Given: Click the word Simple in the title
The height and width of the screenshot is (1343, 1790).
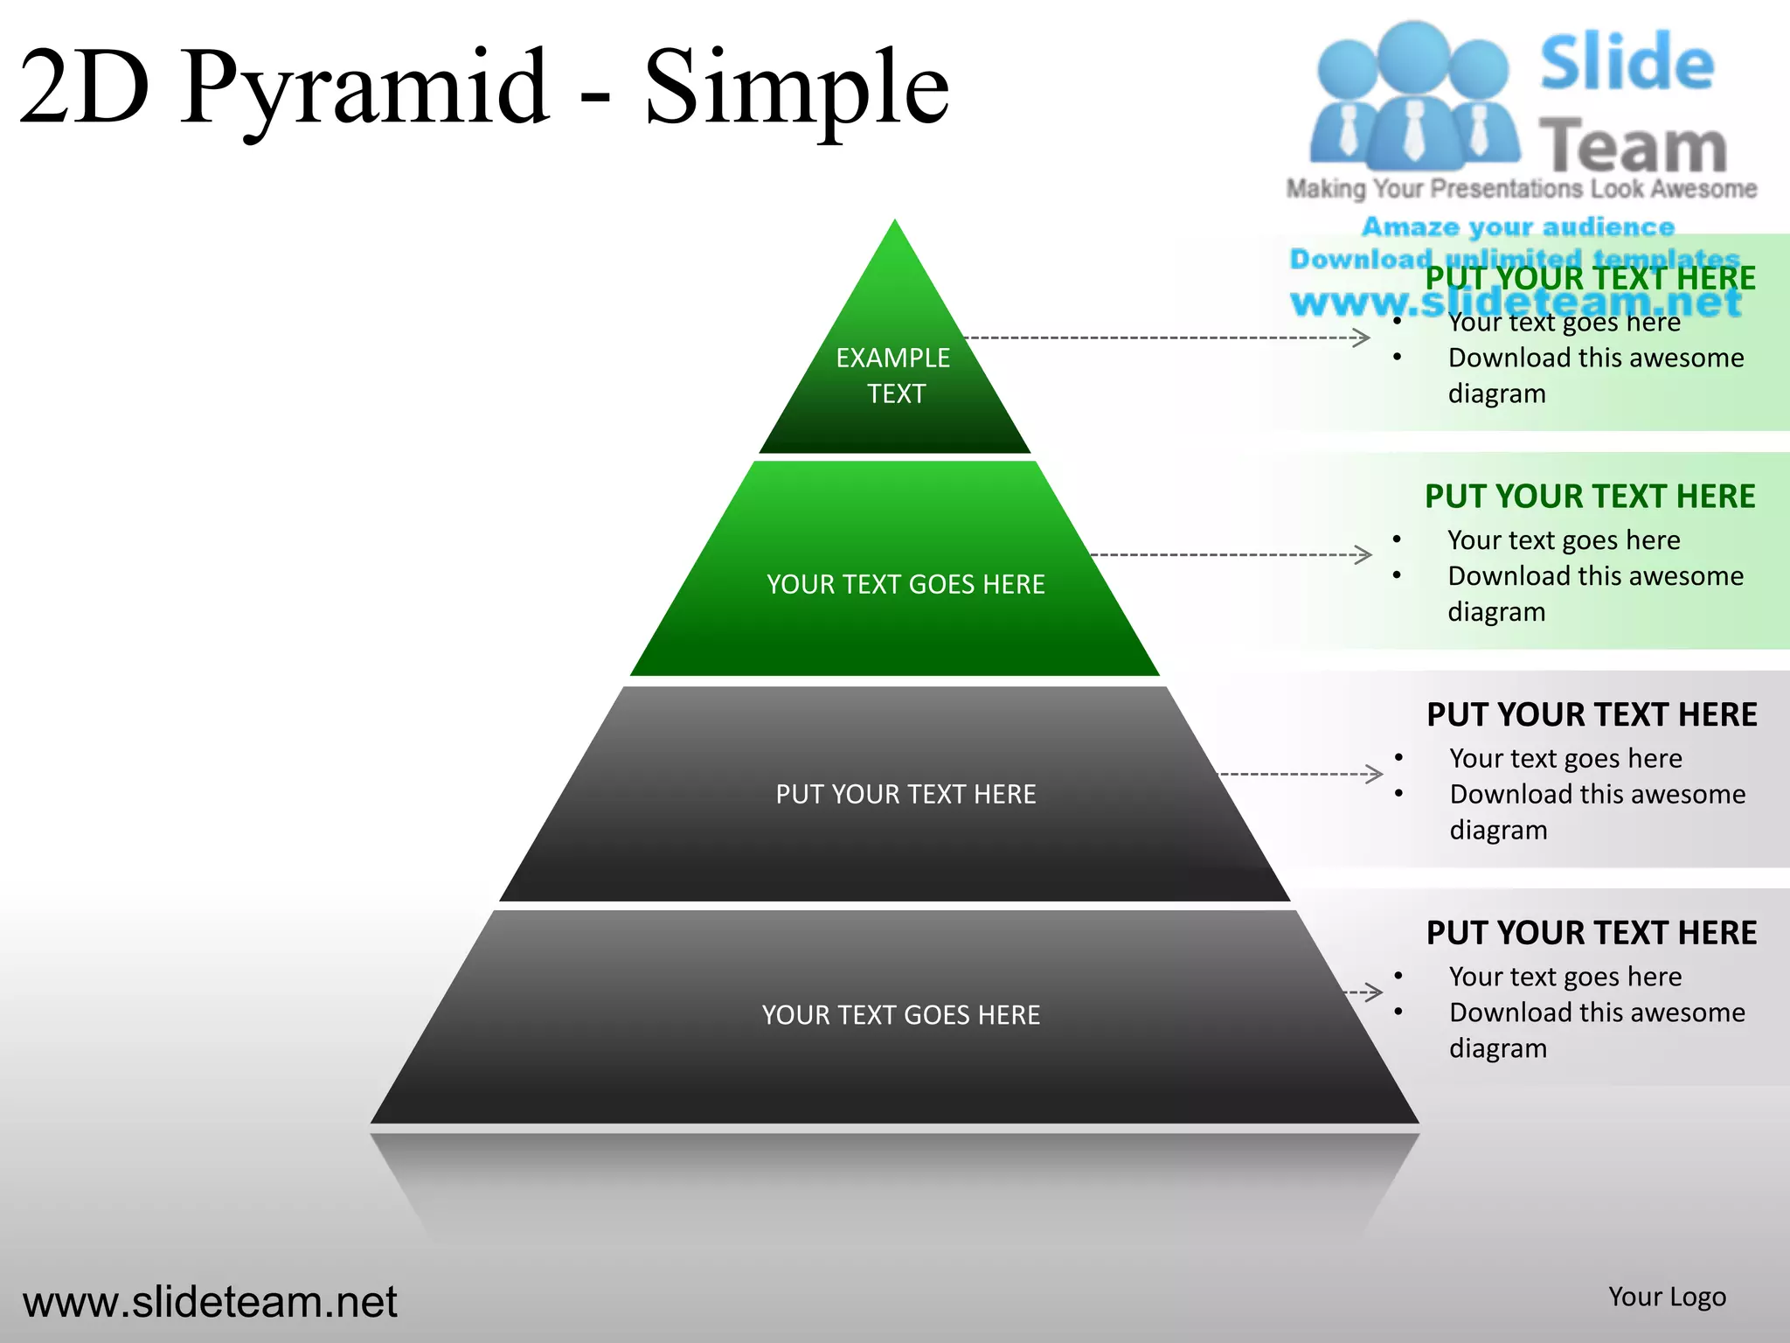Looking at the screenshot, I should pyautogui.click(x=795, y=87).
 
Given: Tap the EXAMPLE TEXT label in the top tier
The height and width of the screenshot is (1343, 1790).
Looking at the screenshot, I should pyautogui.click(x=893, y=375).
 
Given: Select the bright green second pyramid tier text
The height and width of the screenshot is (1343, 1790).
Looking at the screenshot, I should pyautogui.click(x=905, y=584).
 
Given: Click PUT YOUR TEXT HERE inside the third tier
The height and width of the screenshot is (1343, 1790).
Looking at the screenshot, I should pyautogui.click(x=905, y=794).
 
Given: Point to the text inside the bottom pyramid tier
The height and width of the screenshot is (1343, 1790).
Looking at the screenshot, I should pyautogui.click(x=900, y=1015).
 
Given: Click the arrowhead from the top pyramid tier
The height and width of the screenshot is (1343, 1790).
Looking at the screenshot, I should pyautogui.click(x=1362, y=337).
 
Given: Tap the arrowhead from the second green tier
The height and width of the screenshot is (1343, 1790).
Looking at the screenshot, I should pyautogui.click(x=1363, y=554).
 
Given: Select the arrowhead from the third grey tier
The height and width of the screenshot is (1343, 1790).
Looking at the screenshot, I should pyautogui.click(x=1374, y=774).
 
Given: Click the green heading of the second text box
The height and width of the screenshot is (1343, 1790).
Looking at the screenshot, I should pyautogui.click(x=1590, y=497).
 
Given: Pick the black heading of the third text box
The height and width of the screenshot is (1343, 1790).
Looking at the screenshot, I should pyautogui.click(x=1592, y=715).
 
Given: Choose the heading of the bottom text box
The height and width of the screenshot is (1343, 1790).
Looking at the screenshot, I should pyautogui.click(x=1592, y=933).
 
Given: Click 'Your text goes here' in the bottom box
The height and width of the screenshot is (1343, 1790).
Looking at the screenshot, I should pyautogui.click(x=1565, y=977).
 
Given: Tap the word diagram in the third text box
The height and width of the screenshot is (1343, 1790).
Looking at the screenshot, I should pyautogui.click(x=1498, y=830).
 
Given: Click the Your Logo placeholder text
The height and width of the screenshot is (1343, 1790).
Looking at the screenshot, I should pyautogui.click(x=1667, y=1297).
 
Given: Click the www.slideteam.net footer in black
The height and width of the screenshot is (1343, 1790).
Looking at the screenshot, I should pyautogui.click(x=210, y=1302).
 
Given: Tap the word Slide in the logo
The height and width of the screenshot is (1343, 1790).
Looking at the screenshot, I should pyautogui.click(x=1627, y=63).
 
